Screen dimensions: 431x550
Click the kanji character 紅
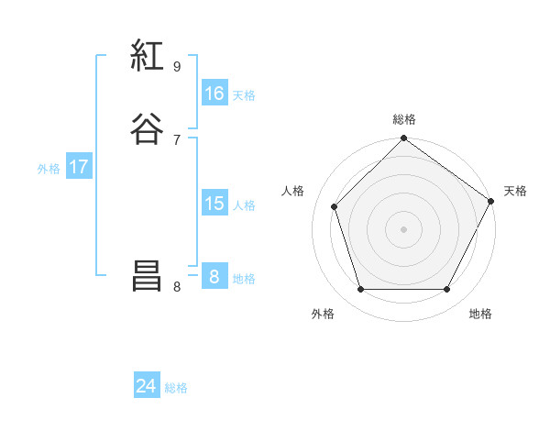(x=147, y=57)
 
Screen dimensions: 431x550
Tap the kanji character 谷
(x=147, y=127)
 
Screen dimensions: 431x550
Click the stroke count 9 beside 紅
(x=177, y=66)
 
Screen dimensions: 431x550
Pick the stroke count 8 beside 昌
(x=177, y=287)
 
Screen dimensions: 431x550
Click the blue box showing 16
(x=214, y=94)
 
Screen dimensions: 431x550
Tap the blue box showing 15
(x=214, y=204)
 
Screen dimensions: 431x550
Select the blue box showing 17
(x=78, y=167)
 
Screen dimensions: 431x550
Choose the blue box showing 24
(x=147, y=386)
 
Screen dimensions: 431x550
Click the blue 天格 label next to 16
(x=244, y=95)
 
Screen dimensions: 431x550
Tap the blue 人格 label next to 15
(x=244, y=205)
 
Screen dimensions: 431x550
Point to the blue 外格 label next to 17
(x=49, y=169)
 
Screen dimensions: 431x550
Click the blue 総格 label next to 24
(x=176, y=388)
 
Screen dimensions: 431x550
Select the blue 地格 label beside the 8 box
(x=244, y=279)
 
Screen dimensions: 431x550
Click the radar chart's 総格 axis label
(x=404, y=119)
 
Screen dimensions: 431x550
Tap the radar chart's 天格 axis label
(x=516, y=191)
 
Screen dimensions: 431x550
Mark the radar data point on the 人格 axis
(x=335, y=206)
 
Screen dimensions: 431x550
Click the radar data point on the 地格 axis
(x=447, y=290)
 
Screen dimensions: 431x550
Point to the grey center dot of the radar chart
(x=404, y=228)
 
